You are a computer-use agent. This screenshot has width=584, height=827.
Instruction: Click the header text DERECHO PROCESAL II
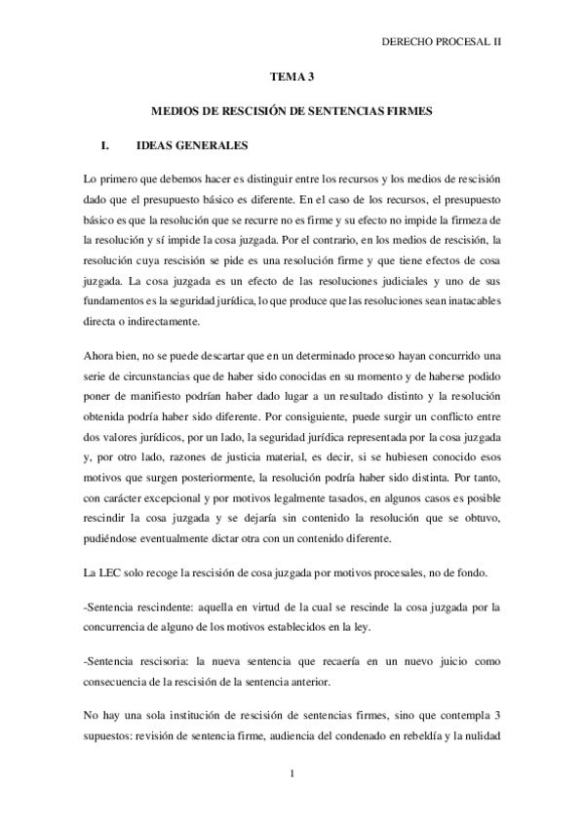point(447,43)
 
